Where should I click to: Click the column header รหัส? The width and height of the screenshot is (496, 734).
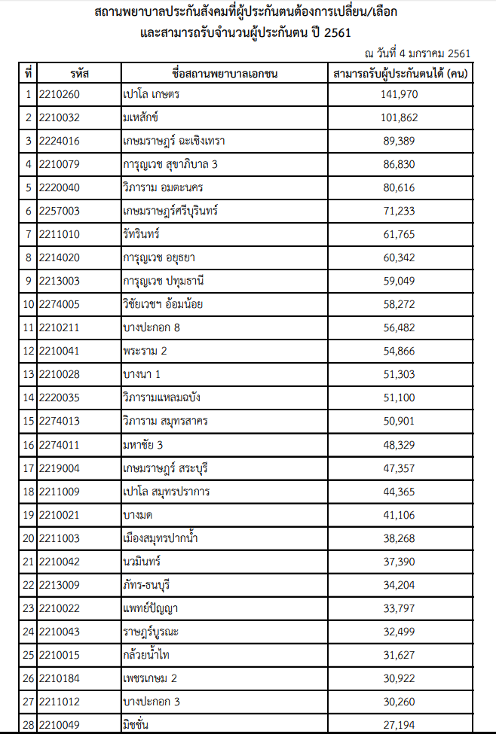point(78,74)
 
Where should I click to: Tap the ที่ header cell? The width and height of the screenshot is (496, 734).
point(28,74)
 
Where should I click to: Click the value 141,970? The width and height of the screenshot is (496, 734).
point(400,94)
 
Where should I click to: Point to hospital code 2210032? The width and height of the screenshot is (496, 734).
point(59,117)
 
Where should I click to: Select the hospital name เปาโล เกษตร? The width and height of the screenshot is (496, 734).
point(151,94)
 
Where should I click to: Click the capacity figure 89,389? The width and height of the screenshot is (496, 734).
point(400,141)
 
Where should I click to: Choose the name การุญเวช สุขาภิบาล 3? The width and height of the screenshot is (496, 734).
point(170,164)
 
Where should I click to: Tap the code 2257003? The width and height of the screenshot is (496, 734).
point(59,211)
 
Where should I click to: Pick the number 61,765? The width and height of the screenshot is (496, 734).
point(400,234)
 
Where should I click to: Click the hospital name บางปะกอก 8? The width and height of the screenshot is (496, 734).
point(151,327)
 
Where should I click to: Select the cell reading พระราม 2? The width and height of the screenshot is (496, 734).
point(145,352)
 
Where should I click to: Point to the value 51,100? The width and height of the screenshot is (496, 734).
point(400,398)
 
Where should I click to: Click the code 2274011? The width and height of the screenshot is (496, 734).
point(59,445)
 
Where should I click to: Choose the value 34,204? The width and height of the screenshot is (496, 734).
point(400,585)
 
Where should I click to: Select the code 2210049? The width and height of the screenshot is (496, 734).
point(59,725)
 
